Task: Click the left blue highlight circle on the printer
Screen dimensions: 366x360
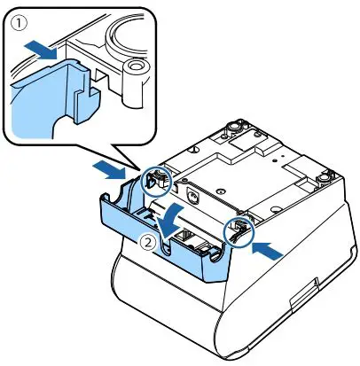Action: pyautogui.click(x=155, y=183)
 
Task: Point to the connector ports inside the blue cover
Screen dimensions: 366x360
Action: pyautogui.click(x=191, y=238)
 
